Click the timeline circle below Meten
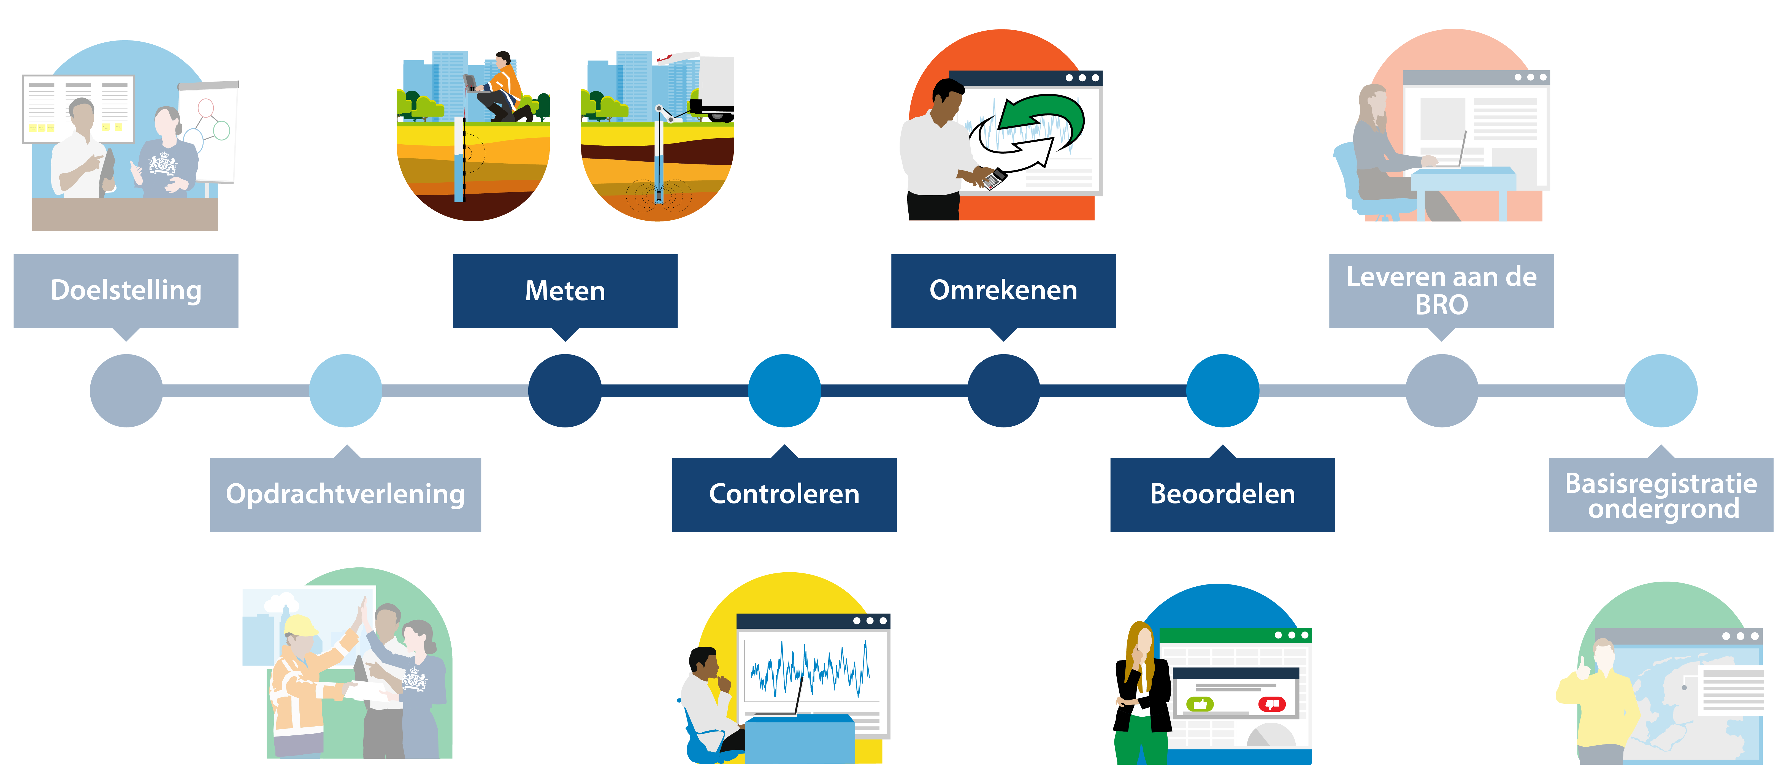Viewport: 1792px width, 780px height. [x=565, y=390]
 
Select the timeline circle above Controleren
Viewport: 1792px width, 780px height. [x=784, y=390]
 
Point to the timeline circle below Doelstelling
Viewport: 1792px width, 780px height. [x=126, y=390]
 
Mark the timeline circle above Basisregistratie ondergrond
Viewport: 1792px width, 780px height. [x=1661, y=390]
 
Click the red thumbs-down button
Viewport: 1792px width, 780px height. [x=1272, y=704]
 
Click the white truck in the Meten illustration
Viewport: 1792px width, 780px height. [x=713, y=87]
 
